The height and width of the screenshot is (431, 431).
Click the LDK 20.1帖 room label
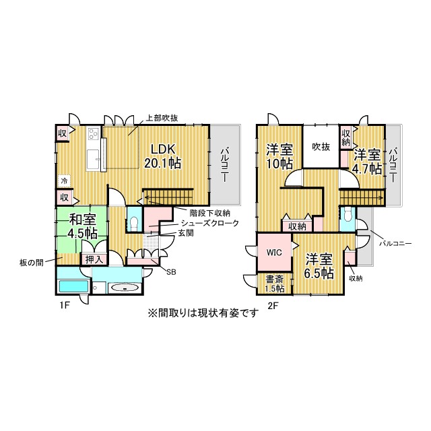pyautogui.click(x=163, y=156)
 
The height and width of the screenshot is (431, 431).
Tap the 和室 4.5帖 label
pyautogui.click(x=82, y=226)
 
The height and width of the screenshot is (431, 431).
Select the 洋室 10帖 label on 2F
pyautogui.click(x=279, y=156)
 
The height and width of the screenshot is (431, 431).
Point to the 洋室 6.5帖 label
pyautogui.click(x=319, y=266)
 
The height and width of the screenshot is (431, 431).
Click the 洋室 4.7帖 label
pyautogui.click(x=367, y=162)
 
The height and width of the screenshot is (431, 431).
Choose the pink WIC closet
pyautogui.click(x=274, y=252)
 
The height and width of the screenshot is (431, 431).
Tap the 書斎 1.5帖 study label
pyautogui.click(x=275, y=284)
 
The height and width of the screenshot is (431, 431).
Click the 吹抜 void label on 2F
pyautogui.click(x=321, y=147)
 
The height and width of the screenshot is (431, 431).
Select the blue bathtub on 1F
pyautogui.click(x=73, y=286)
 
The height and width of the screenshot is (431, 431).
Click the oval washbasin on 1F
pyautogui.click(x=125, y=288)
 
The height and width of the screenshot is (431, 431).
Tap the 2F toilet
pyautogui.click(x=347, y=215)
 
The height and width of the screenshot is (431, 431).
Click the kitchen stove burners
pyautogui.click(x=94, y=134)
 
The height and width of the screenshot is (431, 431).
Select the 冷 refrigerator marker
pyautogui.click(x=64, y=180)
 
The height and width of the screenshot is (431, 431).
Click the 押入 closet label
pyautogui.click(x=94, y=259)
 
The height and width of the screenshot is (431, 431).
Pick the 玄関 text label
pyautogui.click(x=186, y=233)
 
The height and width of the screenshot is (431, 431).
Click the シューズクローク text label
pyautogui.click(x=209, y=223)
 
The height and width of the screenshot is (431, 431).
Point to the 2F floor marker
pyautogui.click(x=273, y=306)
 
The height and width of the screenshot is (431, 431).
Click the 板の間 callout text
pyautogui.click(x=32, y=263)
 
